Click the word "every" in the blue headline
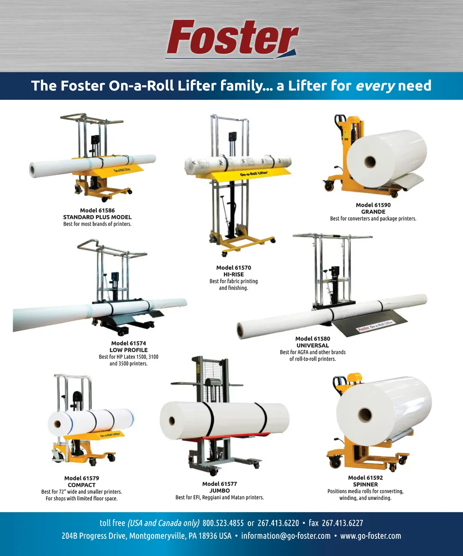point(375,85)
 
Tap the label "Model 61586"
point(97,210)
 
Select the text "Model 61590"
point(373,205)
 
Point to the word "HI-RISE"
point(233,274)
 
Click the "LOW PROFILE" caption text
point(128,350)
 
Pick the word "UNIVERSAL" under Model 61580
point(312,345)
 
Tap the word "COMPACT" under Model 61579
point(81,485)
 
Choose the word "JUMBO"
point(220,490)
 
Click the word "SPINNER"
point(365,485)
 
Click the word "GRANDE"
point(373,212)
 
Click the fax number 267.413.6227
point(342,523)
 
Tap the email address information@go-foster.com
point(286,536)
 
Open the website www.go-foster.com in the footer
point(370,536)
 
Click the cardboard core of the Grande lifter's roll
point(370,161)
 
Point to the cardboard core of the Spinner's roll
point(364,414)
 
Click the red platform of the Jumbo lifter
point(213,438)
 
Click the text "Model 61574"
point(128,343)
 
